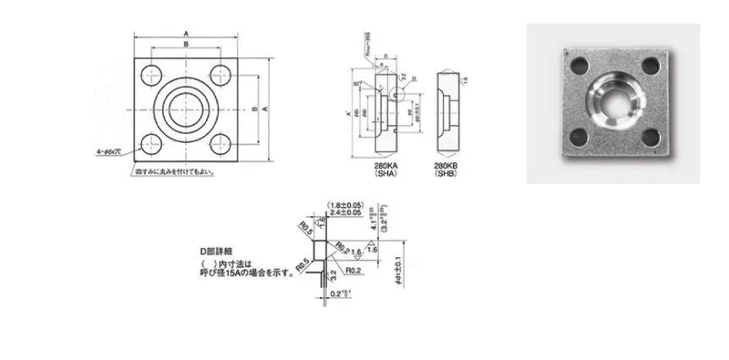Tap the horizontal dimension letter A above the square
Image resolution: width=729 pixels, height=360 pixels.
point(186,28)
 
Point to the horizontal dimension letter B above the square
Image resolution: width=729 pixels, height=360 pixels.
point(186,43)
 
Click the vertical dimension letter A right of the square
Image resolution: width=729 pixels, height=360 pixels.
point(264,108)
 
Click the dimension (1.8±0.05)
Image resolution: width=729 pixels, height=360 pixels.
point(346,205)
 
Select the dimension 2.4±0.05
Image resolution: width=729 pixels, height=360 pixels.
point(346,213)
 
